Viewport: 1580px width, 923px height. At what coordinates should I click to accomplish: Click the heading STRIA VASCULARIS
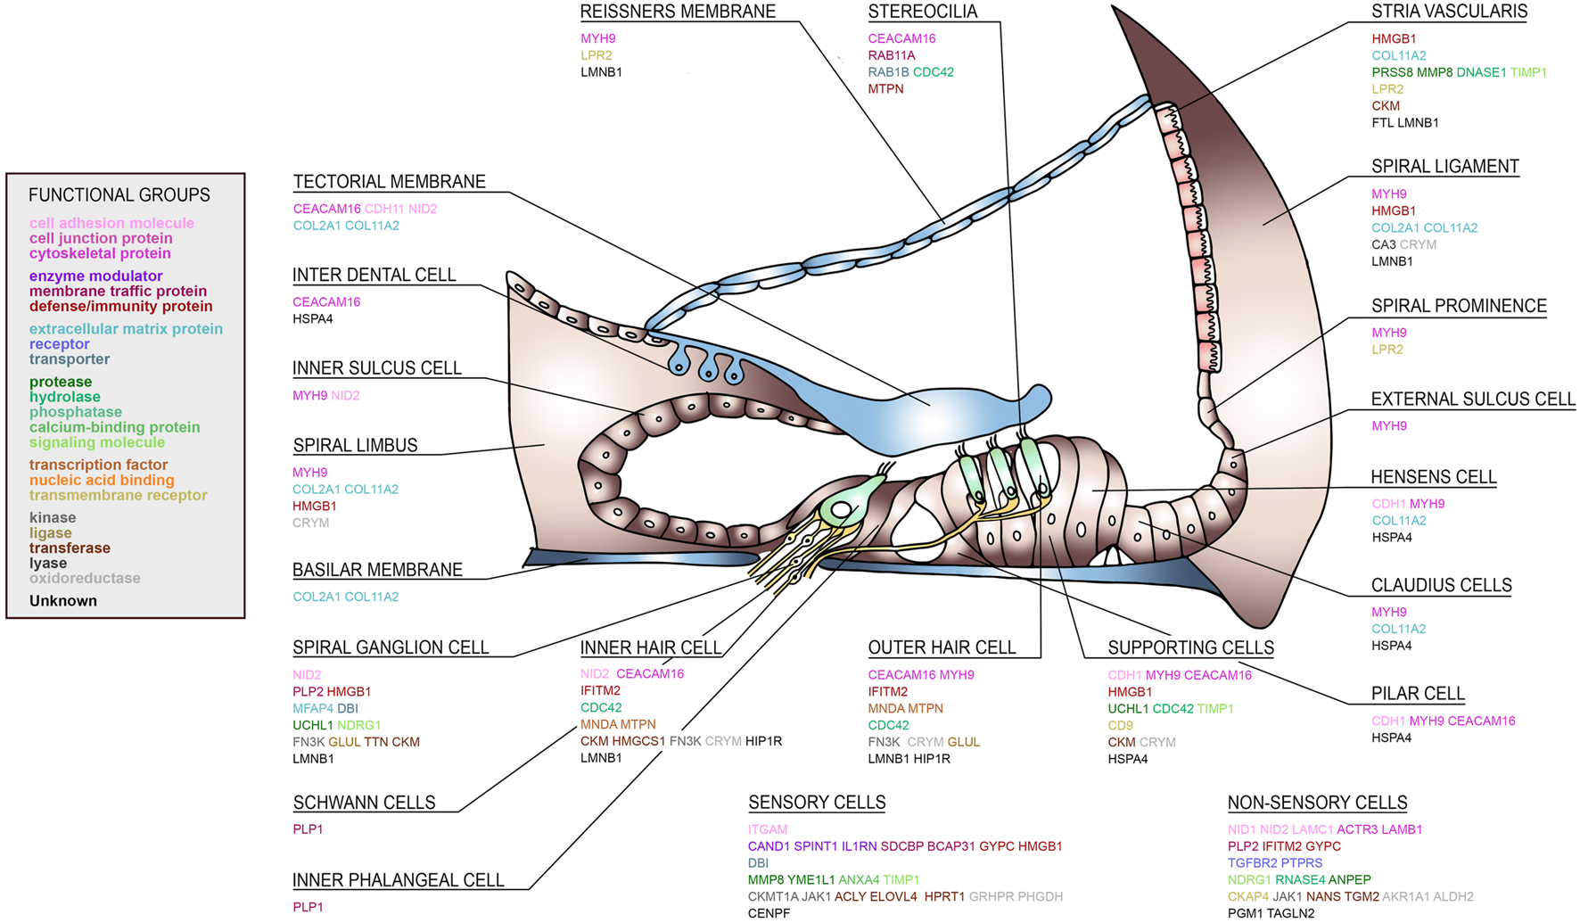pos(1448,12)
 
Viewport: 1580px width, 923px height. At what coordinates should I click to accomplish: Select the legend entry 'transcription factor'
pos(98,465)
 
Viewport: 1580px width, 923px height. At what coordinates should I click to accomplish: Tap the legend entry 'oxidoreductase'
pos(85,578)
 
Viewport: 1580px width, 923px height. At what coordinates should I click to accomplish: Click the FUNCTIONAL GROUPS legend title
pos(119,194)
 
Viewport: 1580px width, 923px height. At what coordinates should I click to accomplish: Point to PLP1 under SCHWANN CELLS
pos(308,829)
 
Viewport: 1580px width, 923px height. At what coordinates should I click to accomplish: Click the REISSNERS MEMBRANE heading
pos(678,12)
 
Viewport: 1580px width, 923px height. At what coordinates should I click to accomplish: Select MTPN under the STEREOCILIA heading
pos(885,89)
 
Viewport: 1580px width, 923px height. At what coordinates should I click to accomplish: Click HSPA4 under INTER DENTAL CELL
pos(313,319)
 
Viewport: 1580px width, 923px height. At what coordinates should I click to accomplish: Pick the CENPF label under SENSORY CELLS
pos(769,913)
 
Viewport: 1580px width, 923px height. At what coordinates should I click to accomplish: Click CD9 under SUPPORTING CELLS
pos(1120,726)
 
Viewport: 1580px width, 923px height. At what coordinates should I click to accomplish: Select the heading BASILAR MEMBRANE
pos(377,570)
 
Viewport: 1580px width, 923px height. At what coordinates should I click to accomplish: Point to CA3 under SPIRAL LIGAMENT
pos(1383,244)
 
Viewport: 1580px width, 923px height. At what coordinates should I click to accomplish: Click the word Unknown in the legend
pos(63,601)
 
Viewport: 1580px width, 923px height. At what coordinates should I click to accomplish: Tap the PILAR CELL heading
pos(1418,694)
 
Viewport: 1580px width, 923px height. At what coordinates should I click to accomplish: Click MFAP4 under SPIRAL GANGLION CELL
pos(312,709)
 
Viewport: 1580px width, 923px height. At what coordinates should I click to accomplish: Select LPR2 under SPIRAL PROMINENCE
pos(1387,350)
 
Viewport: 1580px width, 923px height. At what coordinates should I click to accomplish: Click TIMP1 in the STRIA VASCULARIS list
pos(1528,72)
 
